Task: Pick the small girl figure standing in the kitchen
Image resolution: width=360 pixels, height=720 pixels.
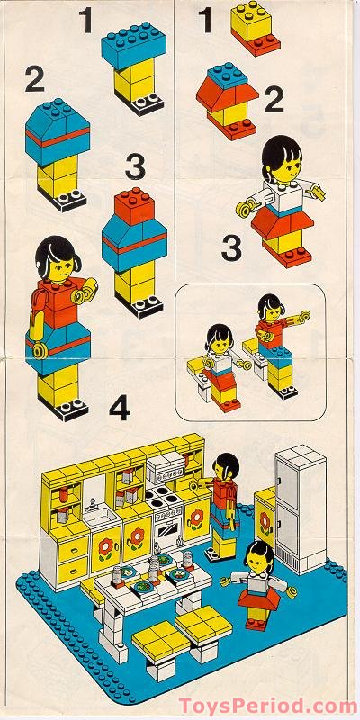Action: tap(257, 585)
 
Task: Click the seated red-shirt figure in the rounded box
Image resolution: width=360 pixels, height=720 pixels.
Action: tap(272, 337)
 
